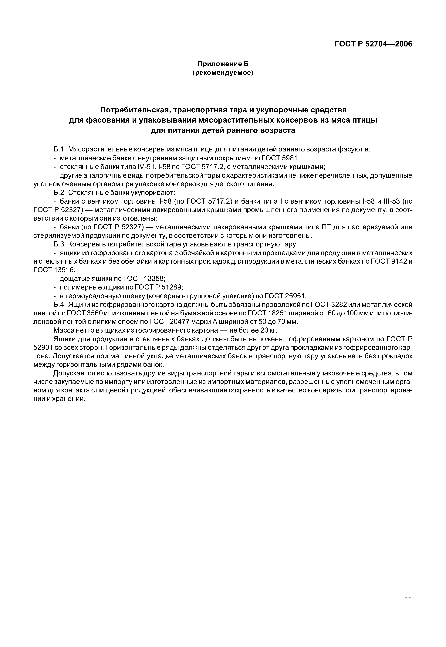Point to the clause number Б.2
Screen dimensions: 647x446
coord(59,193)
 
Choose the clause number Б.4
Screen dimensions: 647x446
coord(59,304)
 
